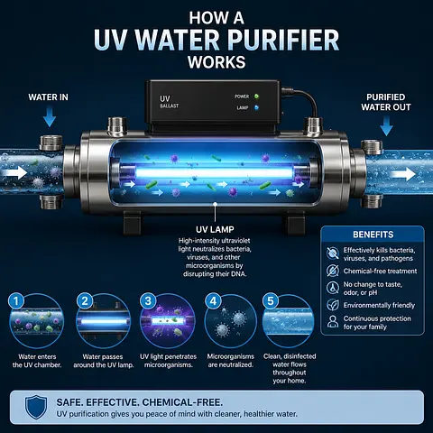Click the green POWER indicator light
pyautogui.click(x=256, y=97)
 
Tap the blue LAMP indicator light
pyautogui.click(x=256, y=107)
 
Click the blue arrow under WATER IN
pyautogui.click(x=50, y=117)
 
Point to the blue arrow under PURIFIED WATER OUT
pyautogui.click(x=386, y=126)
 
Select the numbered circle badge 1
pyautogui.click(x=16, y=301)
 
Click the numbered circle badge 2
pyautogui.click(x=85, y=301)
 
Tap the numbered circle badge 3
pyautogui.click(x=148, y=301)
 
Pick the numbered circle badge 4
pyautogui.click(x=213, y=301)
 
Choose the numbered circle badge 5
pyautogui.click(x=271, y=301)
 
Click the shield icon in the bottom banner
pyautogui.click(x=36, y=407)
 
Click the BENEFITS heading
pyautogui.click(x=373, y=235)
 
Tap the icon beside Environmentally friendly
pyautogui.click(x=333, y=305)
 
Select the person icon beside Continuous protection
pyautogui.click(x=333, y=321)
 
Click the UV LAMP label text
pyautogui.click(x=215, y=229)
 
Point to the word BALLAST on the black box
pyautogui.click(x=170, y=106)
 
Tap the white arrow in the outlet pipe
pyautogui.click(x=402, y=174)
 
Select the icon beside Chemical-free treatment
pyautogui.click(x=333, y=271)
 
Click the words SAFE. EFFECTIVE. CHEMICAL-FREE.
pyautogui.click(x=140, y=402)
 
